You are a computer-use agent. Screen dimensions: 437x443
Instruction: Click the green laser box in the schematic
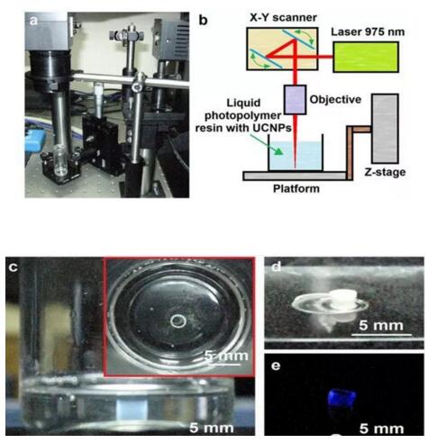366,57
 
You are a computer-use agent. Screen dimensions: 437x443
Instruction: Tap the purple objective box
296,100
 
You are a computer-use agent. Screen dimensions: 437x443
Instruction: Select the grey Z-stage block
385,129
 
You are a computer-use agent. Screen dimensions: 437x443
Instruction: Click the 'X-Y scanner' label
283,17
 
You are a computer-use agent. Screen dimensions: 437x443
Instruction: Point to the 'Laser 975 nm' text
368,32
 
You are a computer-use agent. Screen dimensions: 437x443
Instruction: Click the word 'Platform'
296,189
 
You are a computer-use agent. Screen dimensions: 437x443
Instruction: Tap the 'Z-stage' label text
385,172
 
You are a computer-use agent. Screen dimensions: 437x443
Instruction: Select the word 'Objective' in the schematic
335,100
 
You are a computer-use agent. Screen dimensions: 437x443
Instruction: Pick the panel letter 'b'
204,21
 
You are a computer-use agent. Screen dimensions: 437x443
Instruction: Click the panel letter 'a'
33,21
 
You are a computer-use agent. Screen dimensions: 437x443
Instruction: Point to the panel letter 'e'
276,366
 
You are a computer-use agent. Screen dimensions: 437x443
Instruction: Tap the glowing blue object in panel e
341,398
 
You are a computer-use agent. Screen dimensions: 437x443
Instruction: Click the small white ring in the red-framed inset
178,315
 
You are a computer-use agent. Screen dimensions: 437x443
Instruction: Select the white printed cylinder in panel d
342,299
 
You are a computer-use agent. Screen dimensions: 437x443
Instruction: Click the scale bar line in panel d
381,334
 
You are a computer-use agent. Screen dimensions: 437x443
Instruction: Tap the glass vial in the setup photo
60,159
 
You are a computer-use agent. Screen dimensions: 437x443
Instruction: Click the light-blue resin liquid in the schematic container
296,156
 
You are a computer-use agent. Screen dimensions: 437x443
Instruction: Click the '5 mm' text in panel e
382,429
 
